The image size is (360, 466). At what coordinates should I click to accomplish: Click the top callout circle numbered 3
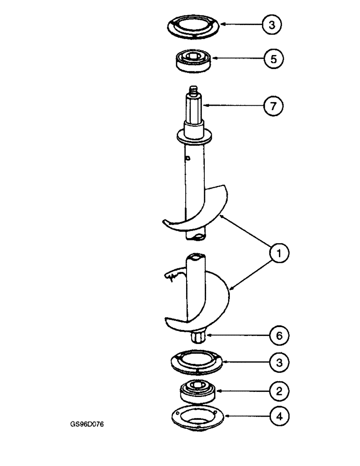[x=271, y=24]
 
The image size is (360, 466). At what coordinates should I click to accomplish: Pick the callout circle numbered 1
[x=278, y=254]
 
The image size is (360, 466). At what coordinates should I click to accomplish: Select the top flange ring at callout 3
[x=193, y=27]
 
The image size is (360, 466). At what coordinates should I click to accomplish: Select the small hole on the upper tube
[x=187, y=159]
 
